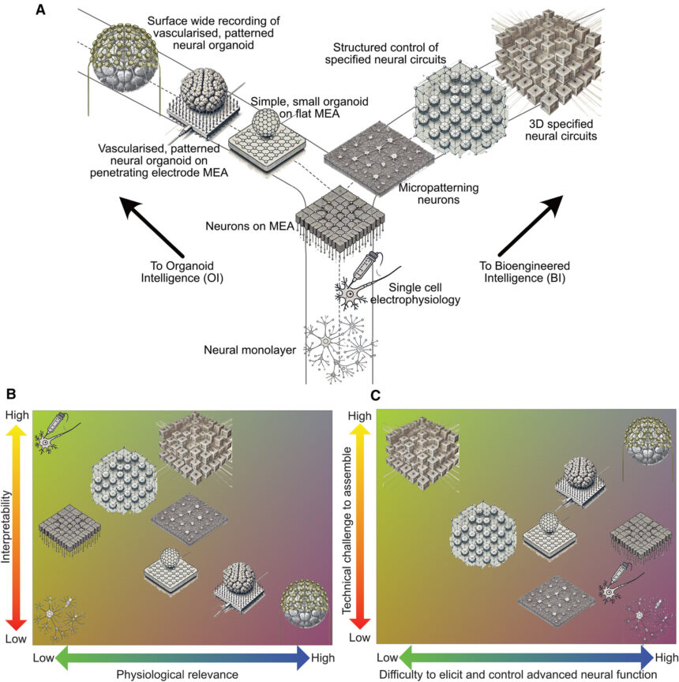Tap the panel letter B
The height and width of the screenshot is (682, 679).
pyautogui.click(x=10, y=393)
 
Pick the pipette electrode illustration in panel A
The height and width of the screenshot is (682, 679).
pyautogui.click(x=364, y=268)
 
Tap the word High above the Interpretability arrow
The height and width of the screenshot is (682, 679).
pyautogui.click(x=17, y=415)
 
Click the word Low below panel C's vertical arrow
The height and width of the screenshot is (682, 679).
pyautogui.click(x=358, y=636)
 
